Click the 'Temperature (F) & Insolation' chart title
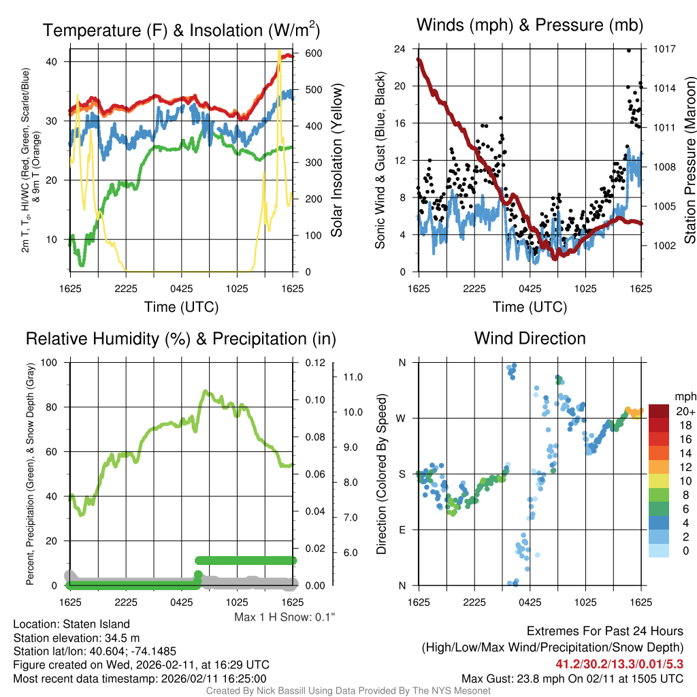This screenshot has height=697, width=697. [181, 30]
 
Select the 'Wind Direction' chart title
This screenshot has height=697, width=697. [530, 338]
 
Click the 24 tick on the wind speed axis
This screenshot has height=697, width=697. [400, 49]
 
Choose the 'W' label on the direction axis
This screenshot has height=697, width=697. [402, 418]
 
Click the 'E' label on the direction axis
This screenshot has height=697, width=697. [402, 530]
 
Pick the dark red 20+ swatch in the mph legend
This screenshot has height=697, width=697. [659, 412]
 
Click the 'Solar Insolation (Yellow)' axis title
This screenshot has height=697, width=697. [336, 161]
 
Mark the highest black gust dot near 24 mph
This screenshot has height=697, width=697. [629, 50]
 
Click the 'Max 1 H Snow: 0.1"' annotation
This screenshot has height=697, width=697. [285, 617]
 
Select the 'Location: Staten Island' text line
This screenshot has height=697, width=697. [71, 624]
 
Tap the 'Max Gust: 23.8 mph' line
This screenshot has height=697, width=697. [572, 679]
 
